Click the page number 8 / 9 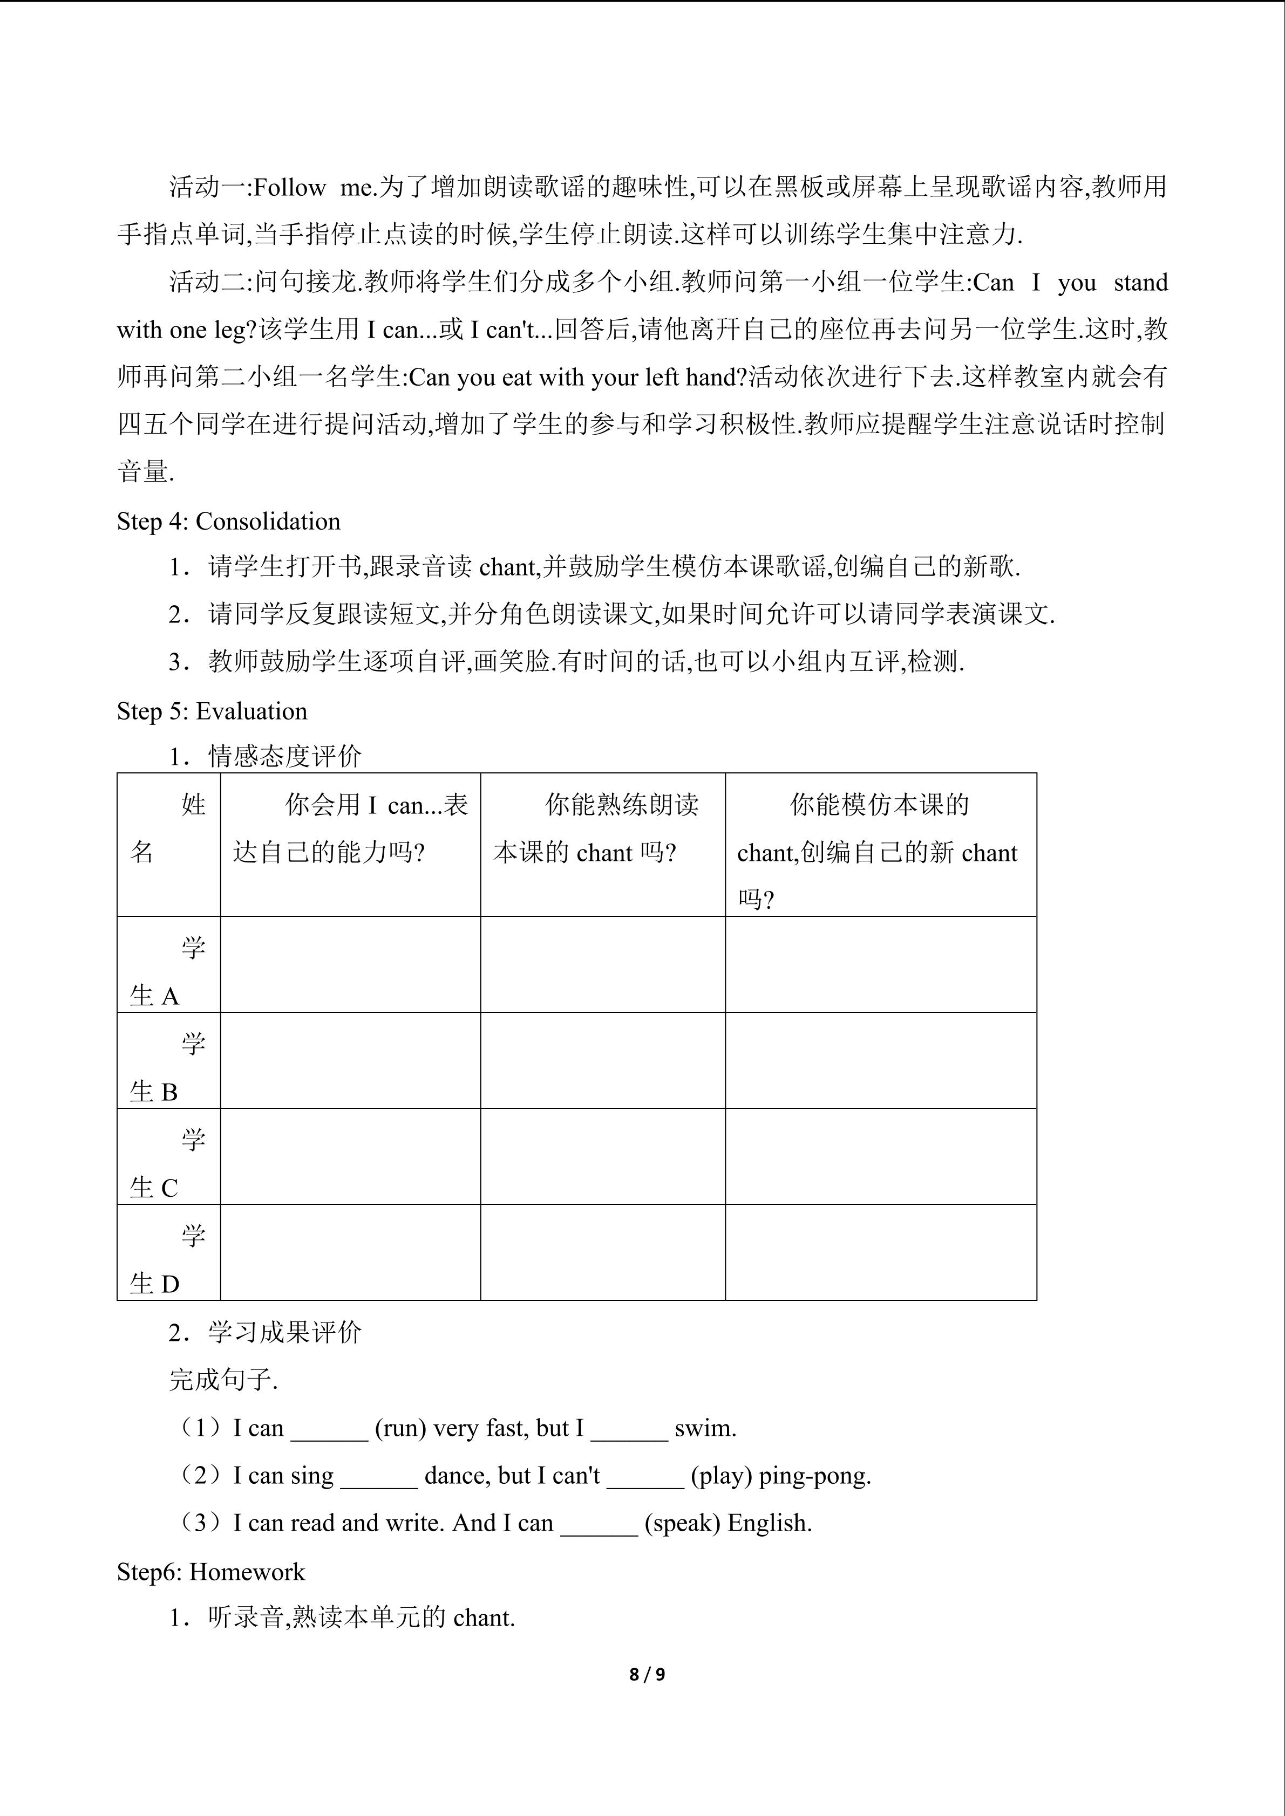[647, 1675]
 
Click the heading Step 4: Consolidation [229, 521]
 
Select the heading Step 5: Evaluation [212, 711]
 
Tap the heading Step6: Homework [210, 1572]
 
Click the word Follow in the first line [290, 188]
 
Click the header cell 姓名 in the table [168, 828]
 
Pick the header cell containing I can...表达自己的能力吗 [350, 828]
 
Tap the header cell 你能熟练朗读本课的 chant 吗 [602, 828]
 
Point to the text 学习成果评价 [285, 1333]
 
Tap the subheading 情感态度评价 [285, 757]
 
